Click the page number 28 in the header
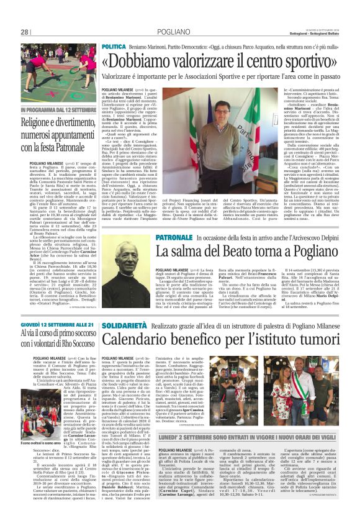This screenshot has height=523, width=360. pos(25,32)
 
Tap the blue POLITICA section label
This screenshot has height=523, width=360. pos(114,47)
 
